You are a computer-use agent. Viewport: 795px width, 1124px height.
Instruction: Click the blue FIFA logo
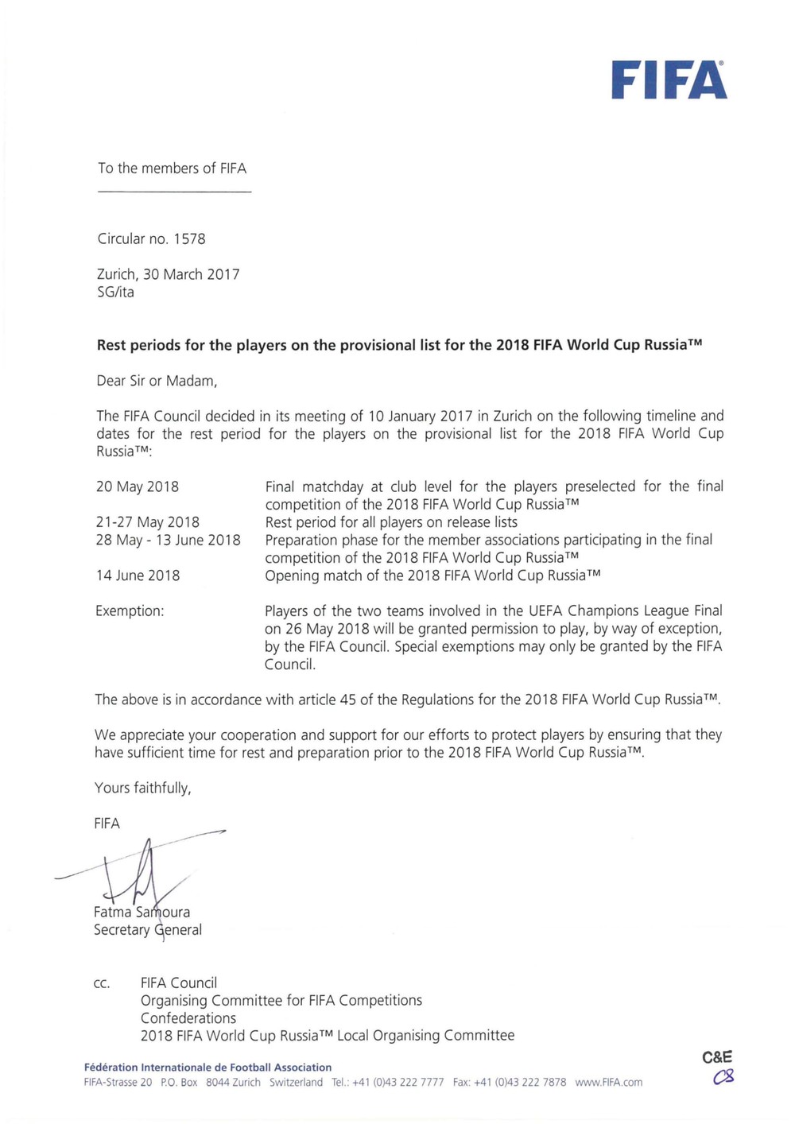(669, 80)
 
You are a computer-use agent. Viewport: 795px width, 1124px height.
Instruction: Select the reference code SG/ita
(115, 292)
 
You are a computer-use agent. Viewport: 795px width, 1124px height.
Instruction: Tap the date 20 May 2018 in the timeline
(137, 486)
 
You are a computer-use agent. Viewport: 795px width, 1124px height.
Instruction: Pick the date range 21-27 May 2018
(147, 522)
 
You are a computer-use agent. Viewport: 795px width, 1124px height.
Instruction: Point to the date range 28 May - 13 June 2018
(168, 540)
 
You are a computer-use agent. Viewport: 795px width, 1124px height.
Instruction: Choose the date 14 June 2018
(138, 576)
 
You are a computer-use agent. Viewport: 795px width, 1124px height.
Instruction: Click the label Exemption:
(130, 611)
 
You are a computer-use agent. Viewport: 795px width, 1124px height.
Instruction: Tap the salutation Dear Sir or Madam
(157, 381)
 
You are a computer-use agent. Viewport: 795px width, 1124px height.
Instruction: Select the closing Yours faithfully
(143, 788)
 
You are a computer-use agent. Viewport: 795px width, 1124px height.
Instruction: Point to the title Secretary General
(148, 930)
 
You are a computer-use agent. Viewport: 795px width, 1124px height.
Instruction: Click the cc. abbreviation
(102, 983)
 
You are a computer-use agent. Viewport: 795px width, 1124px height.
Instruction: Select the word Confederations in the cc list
(188, 1018)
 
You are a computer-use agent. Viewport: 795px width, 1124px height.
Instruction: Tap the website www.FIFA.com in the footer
(608, 1083)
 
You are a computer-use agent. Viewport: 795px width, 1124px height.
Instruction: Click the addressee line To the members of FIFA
(172, 169)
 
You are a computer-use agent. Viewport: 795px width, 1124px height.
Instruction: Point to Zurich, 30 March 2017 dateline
(168, 274)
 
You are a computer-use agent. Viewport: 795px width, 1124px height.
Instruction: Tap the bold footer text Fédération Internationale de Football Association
(207, 1068)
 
